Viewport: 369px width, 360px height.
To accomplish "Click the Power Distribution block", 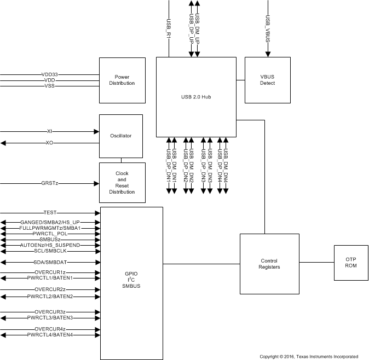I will (122, 80).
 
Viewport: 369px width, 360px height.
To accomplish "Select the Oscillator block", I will (120, 136).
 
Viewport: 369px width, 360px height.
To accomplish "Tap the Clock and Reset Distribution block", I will (122, 183).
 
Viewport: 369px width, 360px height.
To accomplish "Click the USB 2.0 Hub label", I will (196, 97).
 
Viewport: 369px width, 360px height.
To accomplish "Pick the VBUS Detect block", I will (267, 80).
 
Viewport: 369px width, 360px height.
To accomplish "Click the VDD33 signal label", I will (50, 74).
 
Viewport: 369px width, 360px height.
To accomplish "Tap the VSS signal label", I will (50, 86).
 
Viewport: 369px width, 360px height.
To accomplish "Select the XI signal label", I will (49, 131).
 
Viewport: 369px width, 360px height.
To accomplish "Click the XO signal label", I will (49, 143).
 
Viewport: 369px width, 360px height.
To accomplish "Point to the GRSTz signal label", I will (50, 183).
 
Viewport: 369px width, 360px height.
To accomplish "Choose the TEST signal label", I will (50, 212).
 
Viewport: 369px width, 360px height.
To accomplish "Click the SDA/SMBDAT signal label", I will (50, 262).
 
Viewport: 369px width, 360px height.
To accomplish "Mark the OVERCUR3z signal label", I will (50, 312).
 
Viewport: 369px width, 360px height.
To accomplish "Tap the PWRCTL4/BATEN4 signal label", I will (50, 334).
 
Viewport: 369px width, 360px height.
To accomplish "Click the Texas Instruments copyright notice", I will (309, 356).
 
